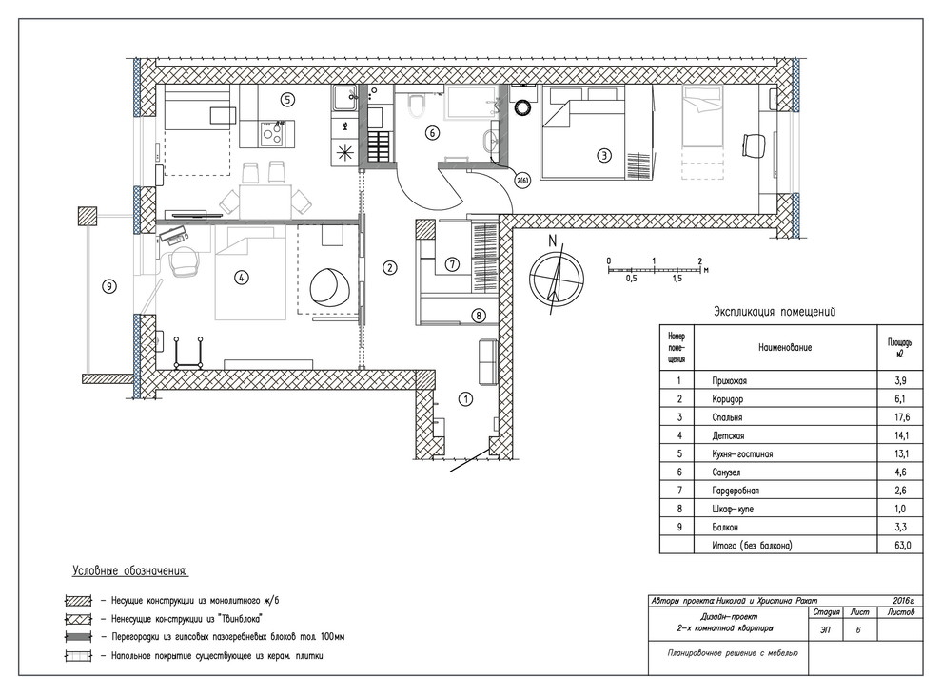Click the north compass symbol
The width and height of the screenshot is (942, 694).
[556, 276]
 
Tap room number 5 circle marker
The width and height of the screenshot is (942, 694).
[287, 100]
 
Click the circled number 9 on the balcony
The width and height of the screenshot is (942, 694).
[108, 287]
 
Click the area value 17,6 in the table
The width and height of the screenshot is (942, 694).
[900, 417]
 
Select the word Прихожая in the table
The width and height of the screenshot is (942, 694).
[729, 380]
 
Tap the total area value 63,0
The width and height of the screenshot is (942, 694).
[902, 545]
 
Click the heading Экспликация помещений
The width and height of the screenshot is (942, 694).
[774, 312]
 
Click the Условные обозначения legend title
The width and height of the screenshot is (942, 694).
[130, 571]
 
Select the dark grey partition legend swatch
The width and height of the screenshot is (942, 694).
[78, 637]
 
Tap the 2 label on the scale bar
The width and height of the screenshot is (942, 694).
[700, 261]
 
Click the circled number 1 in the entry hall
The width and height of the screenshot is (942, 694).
[465, 398]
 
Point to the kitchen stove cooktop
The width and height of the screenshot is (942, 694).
[273, 132]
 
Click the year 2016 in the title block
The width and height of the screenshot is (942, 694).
[902, 600]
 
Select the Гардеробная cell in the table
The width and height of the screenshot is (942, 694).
[735, 491]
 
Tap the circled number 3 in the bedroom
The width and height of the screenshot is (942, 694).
[604, 155]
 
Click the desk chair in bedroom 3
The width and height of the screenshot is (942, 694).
[754, 145]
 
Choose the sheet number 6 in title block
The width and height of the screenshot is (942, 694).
[858, 630]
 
